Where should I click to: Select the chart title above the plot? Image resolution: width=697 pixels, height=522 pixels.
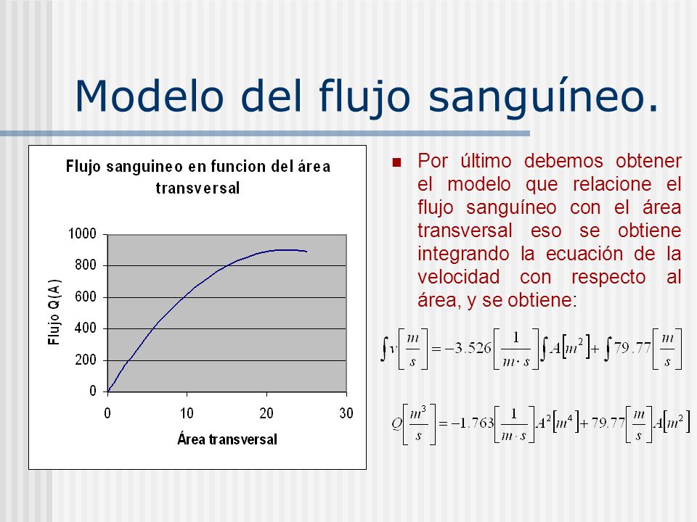click(197, 177)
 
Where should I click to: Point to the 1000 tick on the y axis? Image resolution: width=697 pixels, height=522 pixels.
click(82, 233)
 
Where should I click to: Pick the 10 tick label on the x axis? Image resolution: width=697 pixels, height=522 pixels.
click(187, 414)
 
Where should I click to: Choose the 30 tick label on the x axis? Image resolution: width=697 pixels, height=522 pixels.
click(346, 414)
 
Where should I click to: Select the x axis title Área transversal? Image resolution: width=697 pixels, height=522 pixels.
click(227, 439)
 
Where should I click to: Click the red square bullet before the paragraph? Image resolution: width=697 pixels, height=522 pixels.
click(396, 162)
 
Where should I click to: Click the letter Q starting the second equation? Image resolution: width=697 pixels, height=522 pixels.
click(397, 425)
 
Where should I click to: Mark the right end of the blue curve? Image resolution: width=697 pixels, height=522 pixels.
click(306, 252)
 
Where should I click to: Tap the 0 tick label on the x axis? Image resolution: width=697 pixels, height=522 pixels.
click(107, 414)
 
